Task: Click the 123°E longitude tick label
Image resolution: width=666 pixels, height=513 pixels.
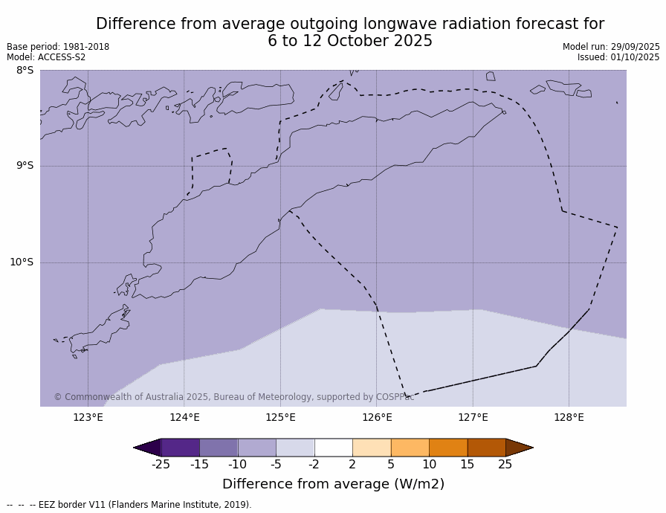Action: [x=88, y=417]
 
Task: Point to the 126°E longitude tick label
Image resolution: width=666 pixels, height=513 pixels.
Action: [x=377, y=417]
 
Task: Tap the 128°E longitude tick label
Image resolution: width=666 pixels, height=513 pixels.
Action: [x=569, y=417]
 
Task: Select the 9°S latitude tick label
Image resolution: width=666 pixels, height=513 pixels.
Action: [x=25, y=166]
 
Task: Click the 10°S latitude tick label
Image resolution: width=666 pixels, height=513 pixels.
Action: [x=22, y=262]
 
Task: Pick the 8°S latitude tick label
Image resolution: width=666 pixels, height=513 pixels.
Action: [x=25, y=71]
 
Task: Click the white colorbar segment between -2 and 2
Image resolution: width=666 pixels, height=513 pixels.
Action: [x=334, y=448]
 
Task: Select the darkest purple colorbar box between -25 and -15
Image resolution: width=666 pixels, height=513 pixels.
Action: [x=180, y=448]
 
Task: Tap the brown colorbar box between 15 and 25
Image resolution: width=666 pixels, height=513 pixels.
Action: [x=486, y=448]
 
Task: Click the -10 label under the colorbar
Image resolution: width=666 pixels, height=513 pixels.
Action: [x=237, y=465]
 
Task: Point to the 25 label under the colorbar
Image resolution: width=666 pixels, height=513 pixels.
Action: [x=505, y=465]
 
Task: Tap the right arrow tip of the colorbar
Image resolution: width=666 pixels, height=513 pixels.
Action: [x=531, y=448]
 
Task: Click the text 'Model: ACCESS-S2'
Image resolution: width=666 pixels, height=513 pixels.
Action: [x=46, y=57]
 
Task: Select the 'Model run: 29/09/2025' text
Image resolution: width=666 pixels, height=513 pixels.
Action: [x=611, y=47]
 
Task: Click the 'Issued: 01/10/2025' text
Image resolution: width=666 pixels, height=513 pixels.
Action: [x=618, y=57]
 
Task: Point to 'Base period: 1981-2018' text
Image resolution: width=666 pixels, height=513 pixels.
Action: [x=58, y=47]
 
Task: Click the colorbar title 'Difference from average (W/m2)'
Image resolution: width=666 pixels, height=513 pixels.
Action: [x=333, y=484]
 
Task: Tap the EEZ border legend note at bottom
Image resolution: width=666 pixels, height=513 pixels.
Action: [x=129, y=505]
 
